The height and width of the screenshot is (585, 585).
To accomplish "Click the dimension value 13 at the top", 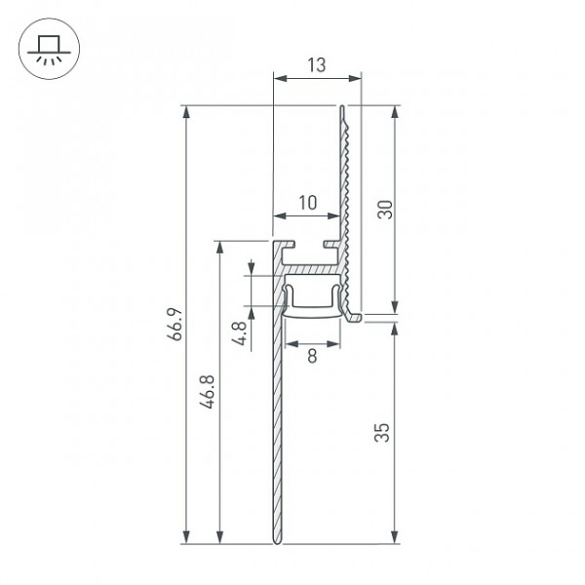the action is [x=316, y=65].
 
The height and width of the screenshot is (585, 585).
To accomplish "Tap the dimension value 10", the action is [x=308, y=203].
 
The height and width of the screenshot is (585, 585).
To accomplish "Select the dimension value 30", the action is [x=385, y=210].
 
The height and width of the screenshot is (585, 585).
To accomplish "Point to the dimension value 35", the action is [x=382, y=432].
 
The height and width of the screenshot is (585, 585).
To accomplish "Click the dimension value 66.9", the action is [x=175, y=324].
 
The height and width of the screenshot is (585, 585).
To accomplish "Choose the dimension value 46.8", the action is [x=207, y=392].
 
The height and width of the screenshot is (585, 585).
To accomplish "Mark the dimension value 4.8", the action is [x=239, y=333].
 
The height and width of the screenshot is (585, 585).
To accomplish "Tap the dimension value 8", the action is [x=312, y=356].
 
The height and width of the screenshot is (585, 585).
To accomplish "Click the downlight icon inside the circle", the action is [x=49, y=51].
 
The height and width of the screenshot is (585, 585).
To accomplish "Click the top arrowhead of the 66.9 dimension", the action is [x=186, y=111].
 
